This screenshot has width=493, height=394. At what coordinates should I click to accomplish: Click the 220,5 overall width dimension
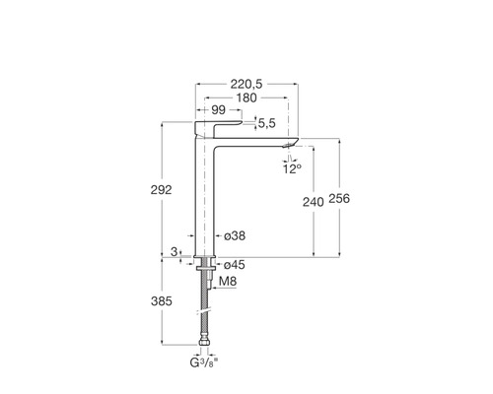(x=246, y=85)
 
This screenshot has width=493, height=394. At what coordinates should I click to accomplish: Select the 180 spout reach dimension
(x=246, y=98)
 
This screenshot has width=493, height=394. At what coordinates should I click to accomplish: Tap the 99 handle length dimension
(x=218, y=110)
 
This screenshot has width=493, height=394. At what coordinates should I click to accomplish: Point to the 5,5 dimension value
(x=267, y=123)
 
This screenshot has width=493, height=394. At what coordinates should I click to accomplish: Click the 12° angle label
(x=292, y=169)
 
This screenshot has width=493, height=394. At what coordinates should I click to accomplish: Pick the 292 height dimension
(x=161, y=190)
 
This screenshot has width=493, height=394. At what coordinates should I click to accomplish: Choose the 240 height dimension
(x=314, y=202)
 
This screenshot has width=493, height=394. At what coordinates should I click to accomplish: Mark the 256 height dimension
(x=339, y=199)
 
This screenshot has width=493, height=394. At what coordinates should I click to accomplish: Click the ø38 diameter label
(x=235, y=235)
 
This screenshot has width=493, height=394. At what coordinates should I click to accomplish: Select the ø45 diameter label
(x=235, y=265)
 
